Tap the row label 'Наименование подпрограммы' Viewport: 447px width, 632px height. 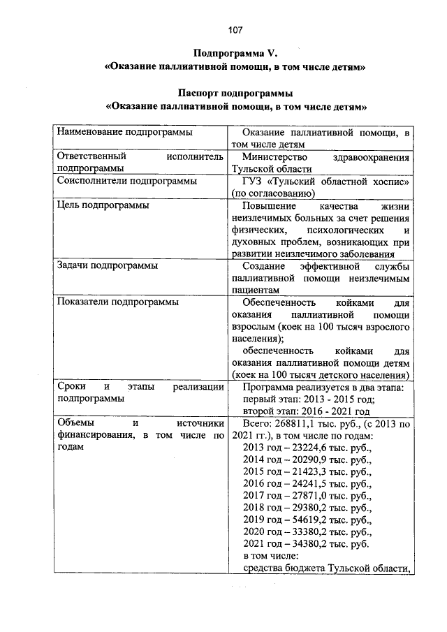124,131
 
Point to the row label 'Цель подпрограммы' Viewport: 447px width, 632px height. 102,206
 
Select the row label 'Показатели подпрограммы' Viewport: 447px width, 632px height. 117,302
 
